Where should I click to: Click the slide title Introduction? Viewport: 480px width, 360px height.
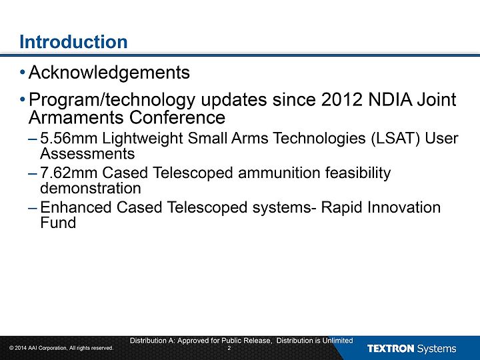click(73, 41)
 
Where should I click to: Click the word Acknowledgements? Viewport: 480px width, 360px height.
click(109, 73)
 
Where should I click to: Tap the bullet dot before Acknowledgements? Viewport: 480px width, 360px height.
click(23, 73)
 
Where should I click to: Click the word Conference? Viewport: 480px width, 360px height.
click(177, 117)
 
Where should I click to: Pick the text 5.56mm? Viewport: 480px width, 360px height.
click(69, 138)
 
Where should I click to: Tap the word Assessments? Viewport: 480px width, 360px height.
click(87, 153)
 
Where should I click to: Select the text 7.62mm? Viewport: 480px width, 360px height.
click(69, 173)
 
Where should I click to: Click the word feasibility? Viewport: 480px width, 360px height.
click(358, 173)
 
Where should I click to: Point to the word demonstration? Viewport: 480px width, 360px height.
click(91, 188)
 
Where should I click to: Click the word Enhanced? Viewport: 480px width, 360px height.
click(75, 207)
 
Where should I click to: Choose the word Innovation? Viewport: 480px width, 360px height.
click(404, 207)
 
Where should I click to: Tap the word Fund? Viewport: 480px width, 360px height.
click(58, 223)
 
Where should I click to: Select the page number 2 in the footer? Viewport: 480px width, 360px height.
click(229, 348)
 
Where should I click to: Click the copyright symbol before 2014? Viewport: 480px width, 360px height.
click(11, 348)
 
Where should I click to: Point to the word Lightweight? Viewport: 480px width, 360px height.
click(143, 139)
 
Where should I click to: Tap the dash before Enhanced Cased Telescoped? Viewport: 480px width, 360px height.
click(33, 208)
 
